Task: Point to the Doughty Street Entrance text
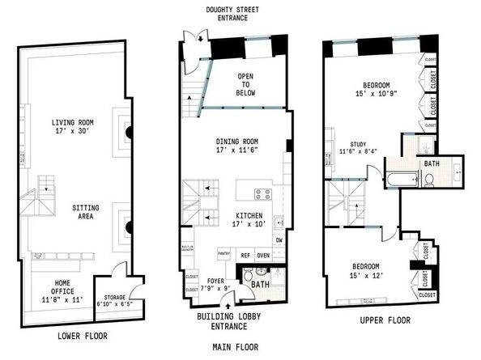pyautogui.click(x=236, y=14)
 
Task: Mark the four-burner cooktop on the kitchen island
pyautogui.click(x=263, y=194)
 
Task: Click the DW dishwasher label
pyautogui.click(x=279, y=239)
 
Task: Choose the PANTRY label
pyautogui.click(x=224, y=254)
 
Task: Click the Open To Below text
pyautogui.click(x=245, y=83)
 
